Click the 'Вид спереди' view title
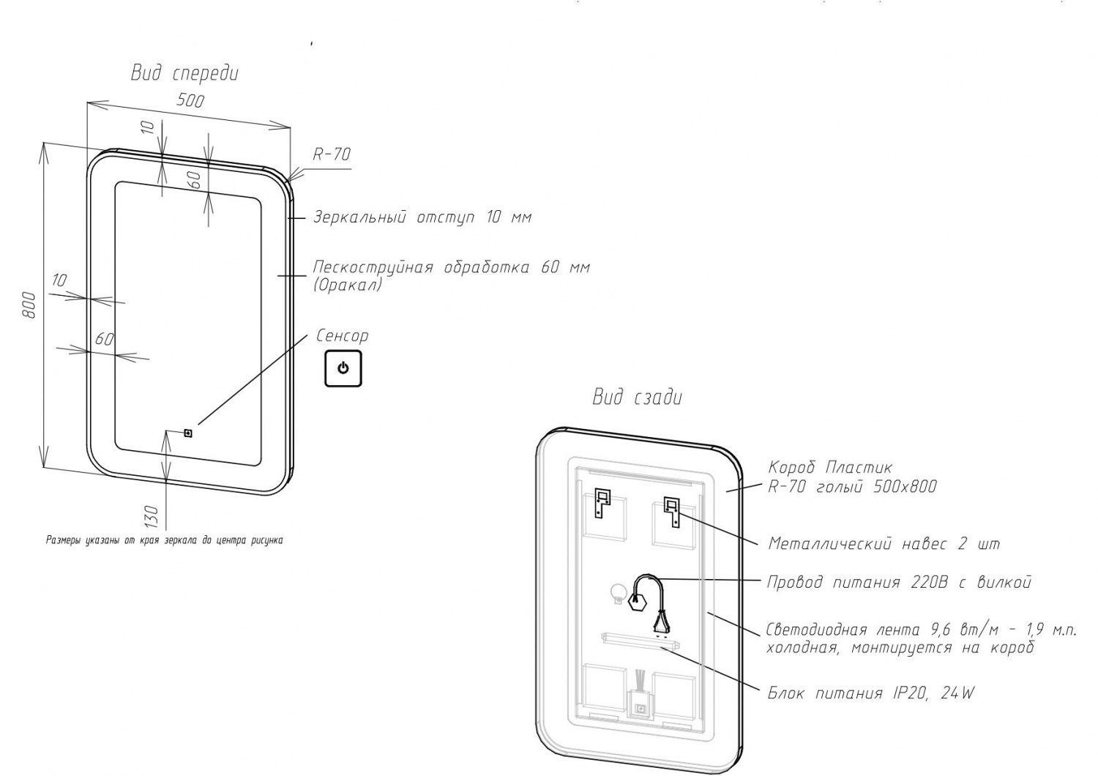coord(184,73)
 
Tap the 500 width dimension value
coord(190,100)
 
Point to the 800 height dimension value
coord(29,305)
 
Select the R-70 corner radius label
coord(332,154)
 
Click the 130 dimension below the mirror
coord(152,515)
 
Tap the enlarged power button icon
coord(343,368)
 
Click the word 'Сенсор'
coord(342,336)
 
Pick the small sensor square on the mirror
coord(188,433)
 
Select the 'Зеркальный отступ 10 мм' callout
coord(422,217)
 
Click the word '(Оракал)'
coord(348,285)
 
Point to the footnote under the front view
coord(164,541)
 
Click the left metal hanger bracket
coord(602,502)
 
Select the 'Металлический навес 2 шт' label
coord(884,544)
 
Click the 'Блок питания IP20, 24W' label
coord(871,693)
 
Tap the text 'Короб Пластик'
coord(830,467)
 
